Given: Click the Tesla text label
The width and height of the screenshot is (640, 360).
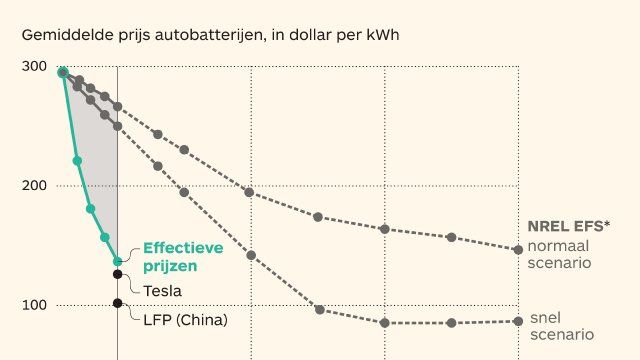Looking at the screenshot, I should click(163, 291).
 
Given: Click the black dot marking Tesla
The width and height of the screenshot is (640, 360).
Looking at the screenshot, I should click(118, 274).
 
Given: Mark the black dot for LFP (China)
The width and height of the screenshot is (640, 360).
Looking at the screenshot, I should click(118, 304).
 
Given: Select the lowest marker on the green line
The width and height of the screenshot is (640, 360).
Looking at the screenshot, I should click(118, 261).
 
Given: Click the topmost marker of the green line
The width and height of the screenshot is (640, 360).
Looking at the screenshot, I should click(63, 72).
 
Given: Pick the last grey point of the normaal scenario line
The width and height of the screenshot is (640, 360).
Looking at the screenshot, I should click(518, 249).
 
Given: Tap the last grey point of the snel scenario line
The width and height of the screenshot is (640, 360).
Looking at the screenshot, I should click(518, 321).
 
